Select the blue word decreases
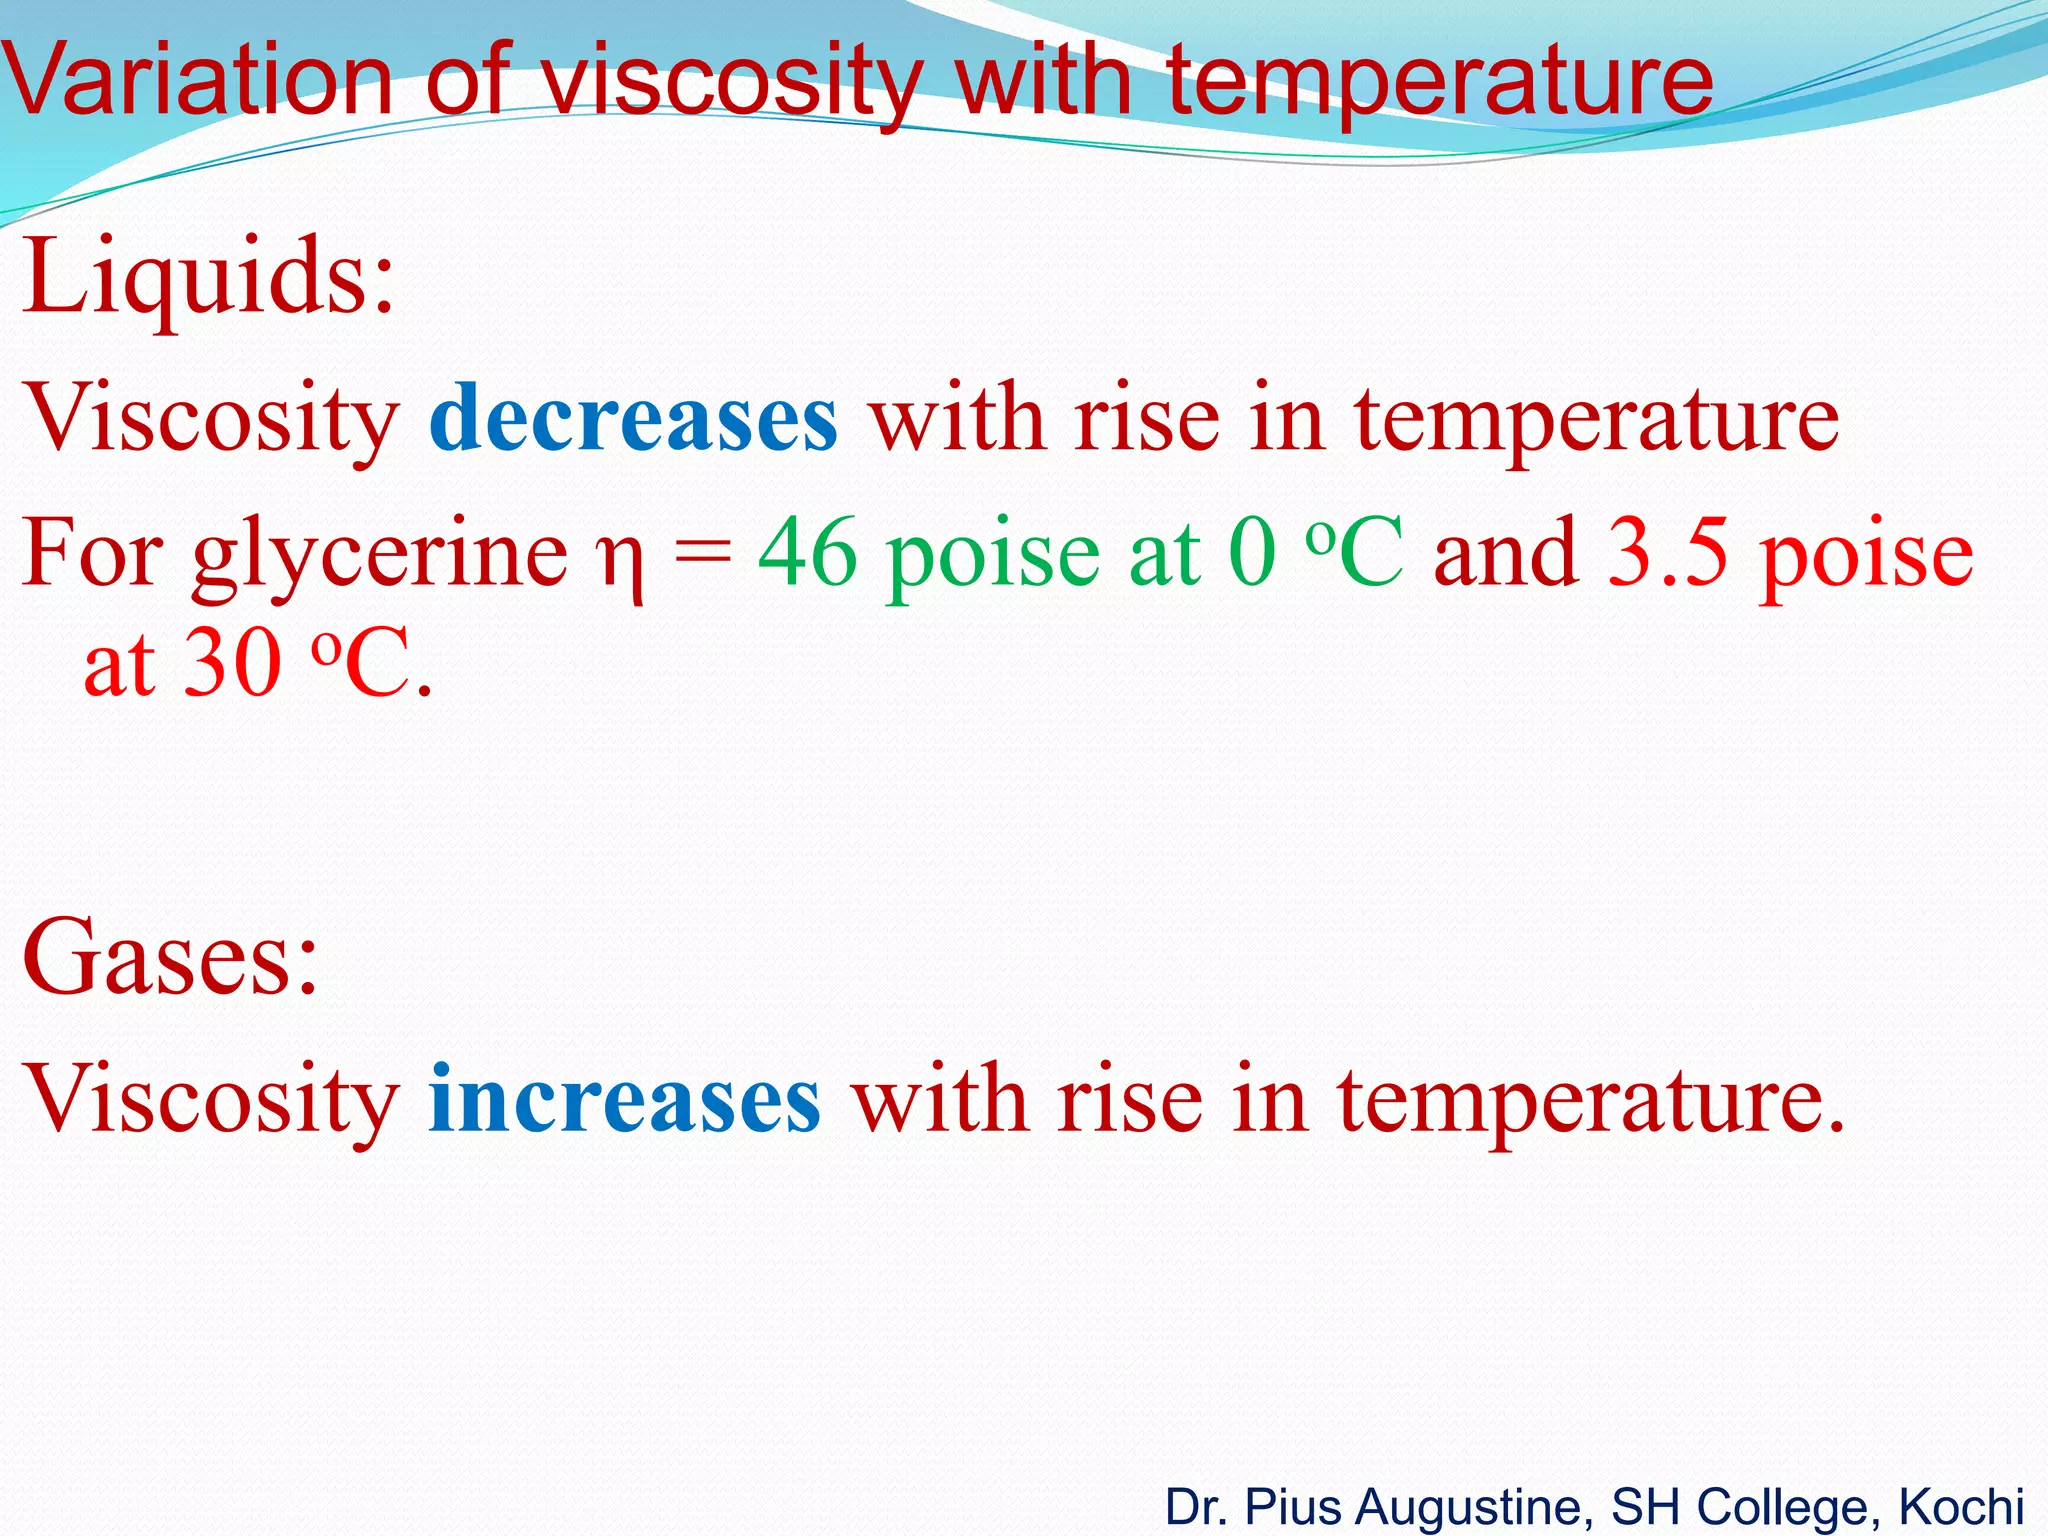pos(633,418)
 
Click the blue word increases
pos(625,1100)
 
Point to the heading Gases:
pos(170,958)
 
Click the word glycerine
pos(380,556)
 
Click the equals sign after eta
pos(702,556)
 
